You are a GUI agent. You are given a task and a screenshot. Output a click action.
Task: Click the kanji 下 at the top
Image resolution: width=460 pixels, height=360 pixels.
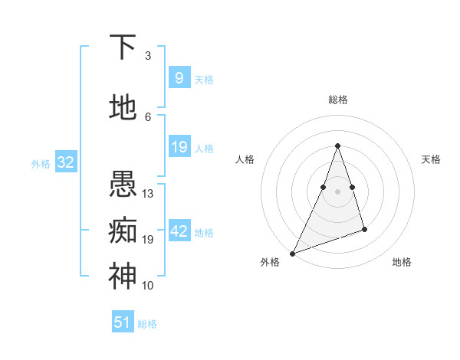[123, 48]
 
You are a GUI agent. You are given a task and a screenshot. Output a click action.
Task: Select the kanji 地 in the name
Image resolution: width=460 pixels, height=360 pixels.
[123, 108]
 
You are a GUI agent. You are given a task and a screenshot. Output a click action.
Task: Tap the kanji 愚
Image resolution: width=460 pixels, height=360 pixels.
[123, 185]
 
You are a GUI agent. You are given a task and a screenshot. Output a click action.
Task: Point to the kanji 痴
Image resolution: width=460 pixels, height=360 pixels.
[123, 231]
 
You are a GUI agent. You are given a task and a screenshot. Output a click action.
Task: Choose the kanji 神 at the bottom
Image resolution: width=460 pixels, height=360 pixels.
[123, 277]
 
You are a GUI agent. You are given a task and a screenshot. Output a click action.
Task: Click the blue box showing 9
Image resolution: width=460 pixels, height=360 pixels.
[179, 78]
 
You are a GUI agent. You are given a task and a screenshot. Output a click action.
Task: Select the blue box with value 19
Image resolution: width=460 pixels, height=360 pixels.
[179, 147]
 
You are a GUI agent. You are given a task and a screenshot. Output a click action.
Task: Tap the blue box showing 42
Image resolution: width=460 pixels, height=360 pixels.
[179, 231]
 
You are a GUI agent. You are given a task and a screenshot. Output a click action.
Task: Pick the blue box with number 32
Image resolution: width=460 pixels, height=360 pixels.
[65, 162]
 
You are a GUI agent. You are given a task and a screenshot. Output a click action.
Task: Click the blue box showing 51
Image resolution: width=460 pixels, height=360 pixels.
[123, 322]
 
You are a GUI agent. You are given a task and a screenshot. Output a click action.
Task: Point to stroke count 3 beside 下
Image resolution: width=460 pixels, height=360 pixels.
[148, 56]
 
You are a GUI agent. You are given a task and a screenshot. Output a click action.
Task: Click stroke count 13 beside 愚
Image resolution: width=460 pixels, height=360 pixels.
[148, 194]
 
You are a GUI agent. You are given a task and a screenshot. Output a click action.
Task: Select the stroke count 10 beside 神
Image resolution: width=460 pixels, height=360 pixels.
[148, 286]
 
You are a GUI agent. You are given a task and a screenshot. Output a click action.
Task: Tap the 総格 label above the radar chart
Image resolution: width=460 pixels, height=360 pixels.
[337, 100]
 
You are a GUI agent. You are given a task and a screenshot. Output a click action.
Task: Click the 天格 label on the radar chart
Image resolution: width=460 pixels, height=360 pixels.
[431, 159]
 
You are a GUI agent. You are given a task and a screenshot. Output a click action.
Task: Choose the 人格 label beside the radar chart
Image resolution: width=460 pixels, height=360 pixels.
[245, 159]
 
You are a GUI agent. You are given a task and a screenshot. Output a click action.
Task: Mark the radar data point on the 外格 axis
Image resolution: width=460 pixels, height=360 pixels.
[292, 254]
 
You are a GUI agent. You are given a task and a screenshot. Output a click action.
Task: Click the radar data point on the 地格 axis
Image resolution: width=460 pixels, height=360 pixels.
[364, 229]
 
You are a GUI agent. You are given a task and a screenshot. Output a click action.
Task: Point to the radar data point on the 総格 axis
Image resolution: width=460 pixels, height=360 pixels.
[337, 146]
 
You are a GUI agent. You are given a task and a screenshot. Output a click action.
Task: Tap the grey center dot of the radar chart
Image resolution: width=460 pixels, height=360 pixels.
[337, 191]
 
